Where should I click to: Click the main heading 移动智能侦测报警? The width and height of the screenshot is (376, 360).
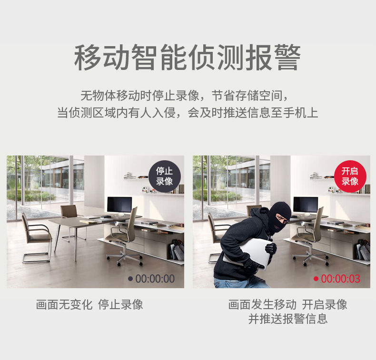(187, 58)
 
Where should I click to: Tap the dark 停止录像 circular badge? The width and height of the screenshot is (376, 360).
(165, 176)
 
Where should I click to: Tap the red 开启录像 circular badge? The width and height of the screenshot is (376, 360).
(350, 176)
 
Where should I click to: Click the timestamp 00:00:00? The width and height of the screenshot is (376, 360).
(155, 279)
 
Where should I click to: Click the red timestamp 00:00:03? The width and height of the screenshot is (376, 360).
(340, 279)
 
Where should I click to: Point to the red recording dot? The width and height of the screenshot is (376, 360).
(316, 279)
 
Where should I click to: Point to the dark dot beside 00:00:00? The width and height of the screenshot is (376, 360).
(130, 279)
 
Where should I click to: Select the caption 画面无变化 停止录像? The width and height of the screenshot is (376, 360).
(89, 304)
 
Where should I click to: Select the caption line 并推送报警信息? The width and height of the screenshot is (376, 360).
(288, 319)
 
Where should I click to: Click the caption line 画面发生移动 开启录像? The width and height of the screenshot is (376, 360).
(287, 304)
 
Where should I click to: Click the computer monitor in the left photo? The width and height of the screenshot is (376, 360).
(119, 205)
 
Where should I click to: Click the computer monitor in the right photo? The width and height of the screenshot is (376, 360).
(306, 205)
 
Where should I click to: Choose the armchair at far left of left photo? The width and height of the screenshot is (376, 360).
(37, 238)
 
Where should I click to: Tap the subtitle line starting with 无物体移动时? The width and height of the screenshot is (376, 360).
(184, 96)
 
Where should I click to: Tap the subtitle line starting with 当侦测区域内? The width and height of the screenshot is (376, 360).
(188, 113)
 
